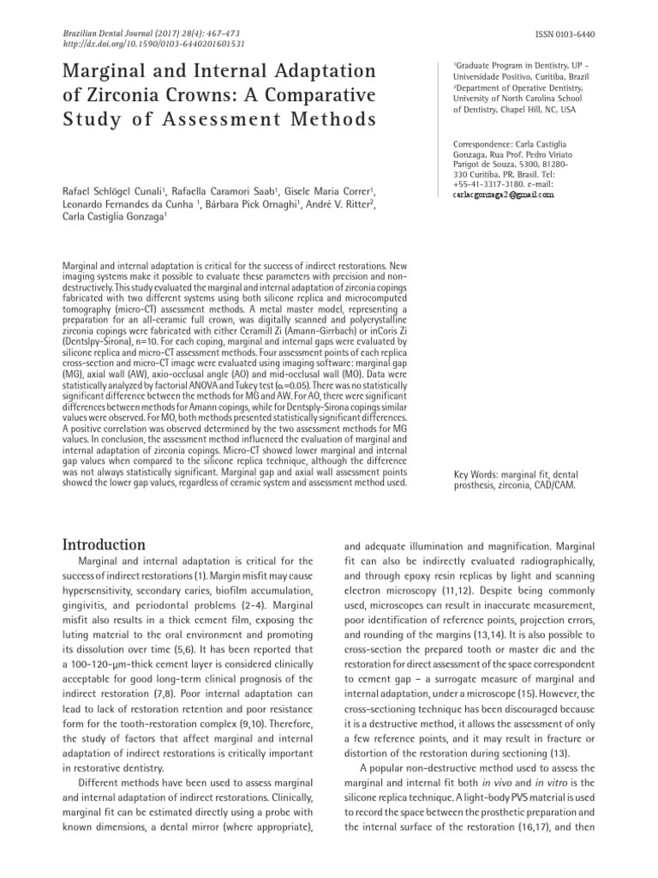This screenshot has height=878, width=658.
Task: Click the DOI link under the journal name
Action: [x=154, y=43]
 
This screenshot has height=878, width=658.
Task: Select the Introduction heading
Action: [x=105, y=544]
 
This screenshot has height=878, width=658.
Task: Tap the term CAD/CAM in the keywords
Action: [x=553, y=484]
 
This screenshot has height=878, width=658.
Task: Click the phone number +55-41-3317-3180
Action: [x=484, y=183]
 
